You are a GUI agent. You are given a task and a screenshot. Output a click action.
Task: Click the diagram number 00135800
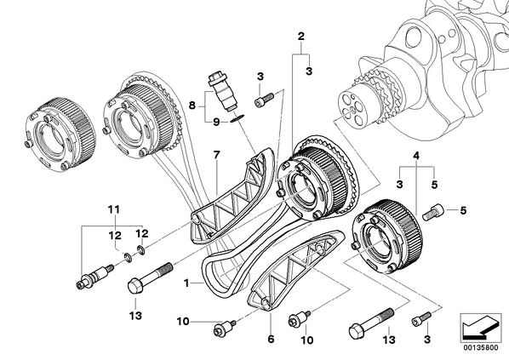(480, 348)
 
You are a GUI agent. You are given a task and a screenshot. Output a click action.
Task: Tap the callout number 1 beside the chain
(186, 283)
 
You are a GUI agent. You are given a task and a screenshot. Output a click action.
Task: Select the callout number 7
(216, 155)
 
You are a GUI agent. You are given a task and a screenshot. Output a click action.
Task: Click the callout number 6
(271, 340)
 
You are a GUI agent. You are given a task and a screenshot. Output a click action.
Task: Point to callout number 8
(192, 106)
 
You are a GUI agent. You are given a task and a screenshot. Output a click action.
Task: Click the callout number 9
(216, 122)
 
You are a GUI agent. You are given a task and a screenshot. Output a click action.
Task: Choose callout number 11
(114, 209)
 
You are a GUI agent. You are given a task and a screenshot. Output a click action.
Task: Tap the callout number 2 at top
(301, 36)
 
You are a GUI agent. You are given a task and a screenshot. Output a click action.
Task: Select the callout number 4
(416, 156)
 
